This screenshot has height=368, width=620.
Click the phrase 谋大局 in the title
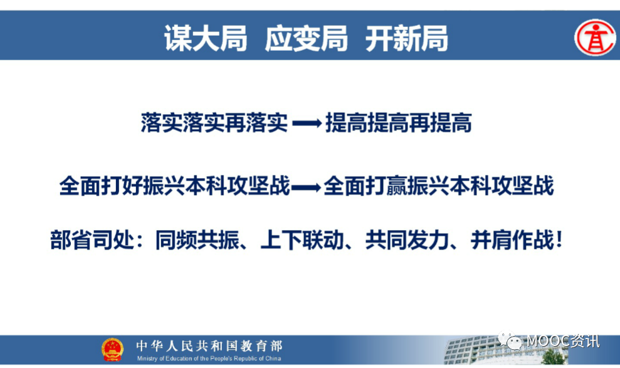point(206,38)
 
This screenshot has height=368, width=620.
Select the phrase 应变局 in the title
point(307,38)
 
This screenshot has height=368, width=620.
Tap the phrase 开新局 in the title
point(407,38)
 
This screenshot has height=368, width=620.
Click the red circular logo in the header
point(595,38)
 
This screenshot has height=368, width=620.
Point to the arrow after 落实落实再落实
point(307,124)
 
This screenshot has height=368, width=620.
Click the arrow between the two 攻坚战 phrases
point(306,187)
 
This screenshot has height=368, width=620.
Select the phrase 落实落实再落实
point(214,122)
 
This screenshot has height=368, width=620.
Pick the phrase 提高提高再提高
point(399,122)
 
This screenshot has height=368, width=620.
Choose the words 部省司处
point(92,240)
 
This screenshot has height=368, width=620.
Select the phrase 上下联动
point(302,240)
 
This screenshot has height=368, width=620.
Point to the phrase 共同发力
point(407,240)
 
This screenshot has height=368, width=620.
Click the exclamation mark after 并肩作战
point(559,240)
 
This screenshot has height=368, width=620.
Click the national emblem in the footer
point(112,349)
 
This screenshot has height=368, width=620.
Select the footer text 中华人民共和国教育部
point(209,346)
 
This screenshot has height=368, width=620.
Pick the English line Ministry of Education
point(209,359)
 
